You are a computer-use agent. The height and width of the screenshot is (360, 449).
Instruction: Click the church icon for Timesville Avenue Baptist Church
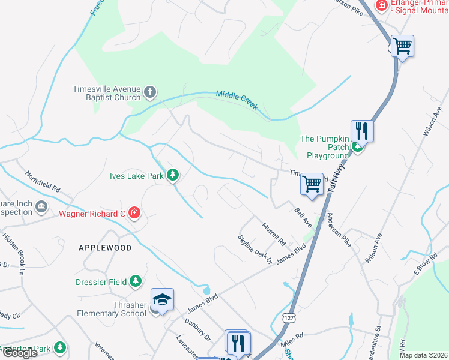149,93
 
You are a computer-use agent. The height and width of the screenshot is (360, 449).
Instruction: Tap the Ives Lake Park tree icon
173,175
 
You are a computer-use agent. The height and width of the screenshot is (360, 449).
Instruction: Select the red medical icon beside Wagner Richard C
134,213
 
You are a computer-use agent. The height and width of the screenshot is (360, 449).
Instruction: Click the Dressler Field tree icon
136,281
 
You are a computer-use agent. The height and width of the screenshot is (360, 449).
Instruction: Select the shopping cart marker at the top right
402,46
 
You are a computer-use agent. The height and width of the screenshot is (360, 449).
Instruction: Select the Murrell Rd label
273,234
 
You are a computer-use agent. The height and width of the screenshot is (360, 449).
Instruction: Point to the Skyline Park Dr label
255,250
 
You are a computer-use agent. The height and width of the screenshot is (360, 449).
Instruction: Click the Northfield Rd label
43,182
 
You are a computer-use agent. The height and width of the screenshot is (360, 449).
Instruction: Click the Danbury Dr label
197,334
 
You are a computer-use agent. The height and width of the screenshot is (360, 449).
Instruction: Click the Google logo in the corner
19,353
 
